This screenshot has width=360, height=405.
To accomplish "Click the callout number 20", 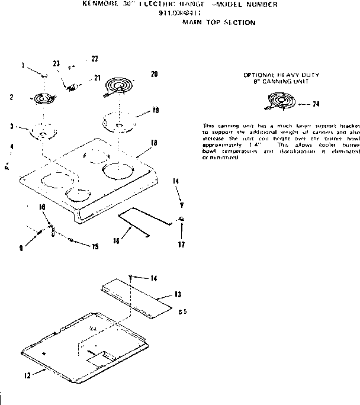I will pos(154,74).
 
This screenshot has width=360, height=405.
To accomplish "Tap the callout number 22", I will pos(94,58).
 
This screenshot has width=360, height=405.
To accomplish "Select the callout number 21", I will pos(98,78).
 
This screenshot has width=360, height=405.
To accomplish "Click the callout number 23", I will pos(56,63).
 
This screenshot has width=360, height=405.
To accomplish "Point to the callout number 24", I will pos(316,104).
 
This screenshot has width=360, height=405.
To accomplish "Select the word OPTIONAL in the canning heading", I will pos(258,75).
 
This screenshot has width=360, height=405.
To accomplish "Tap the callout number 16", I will pos(116,240).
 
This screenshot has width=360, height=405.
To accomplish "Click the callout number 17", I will pos(181,245).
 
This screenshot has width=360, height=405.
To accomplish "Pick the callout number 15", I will pos(94,246).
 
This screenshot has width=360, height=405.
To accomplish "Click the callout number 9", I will pos(21,249).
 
